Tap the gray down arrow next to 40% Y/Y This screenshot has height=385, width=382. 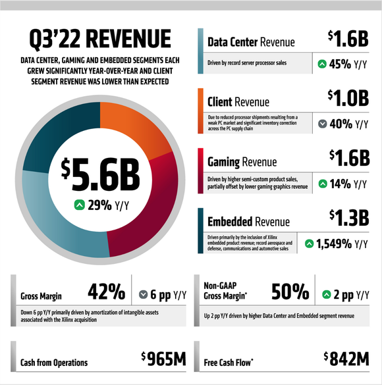coord(322,124)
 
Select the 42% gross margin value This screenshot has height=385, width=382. coord(106,291)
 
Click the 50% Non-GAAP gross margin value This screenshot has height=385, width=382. coord(290,291)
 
